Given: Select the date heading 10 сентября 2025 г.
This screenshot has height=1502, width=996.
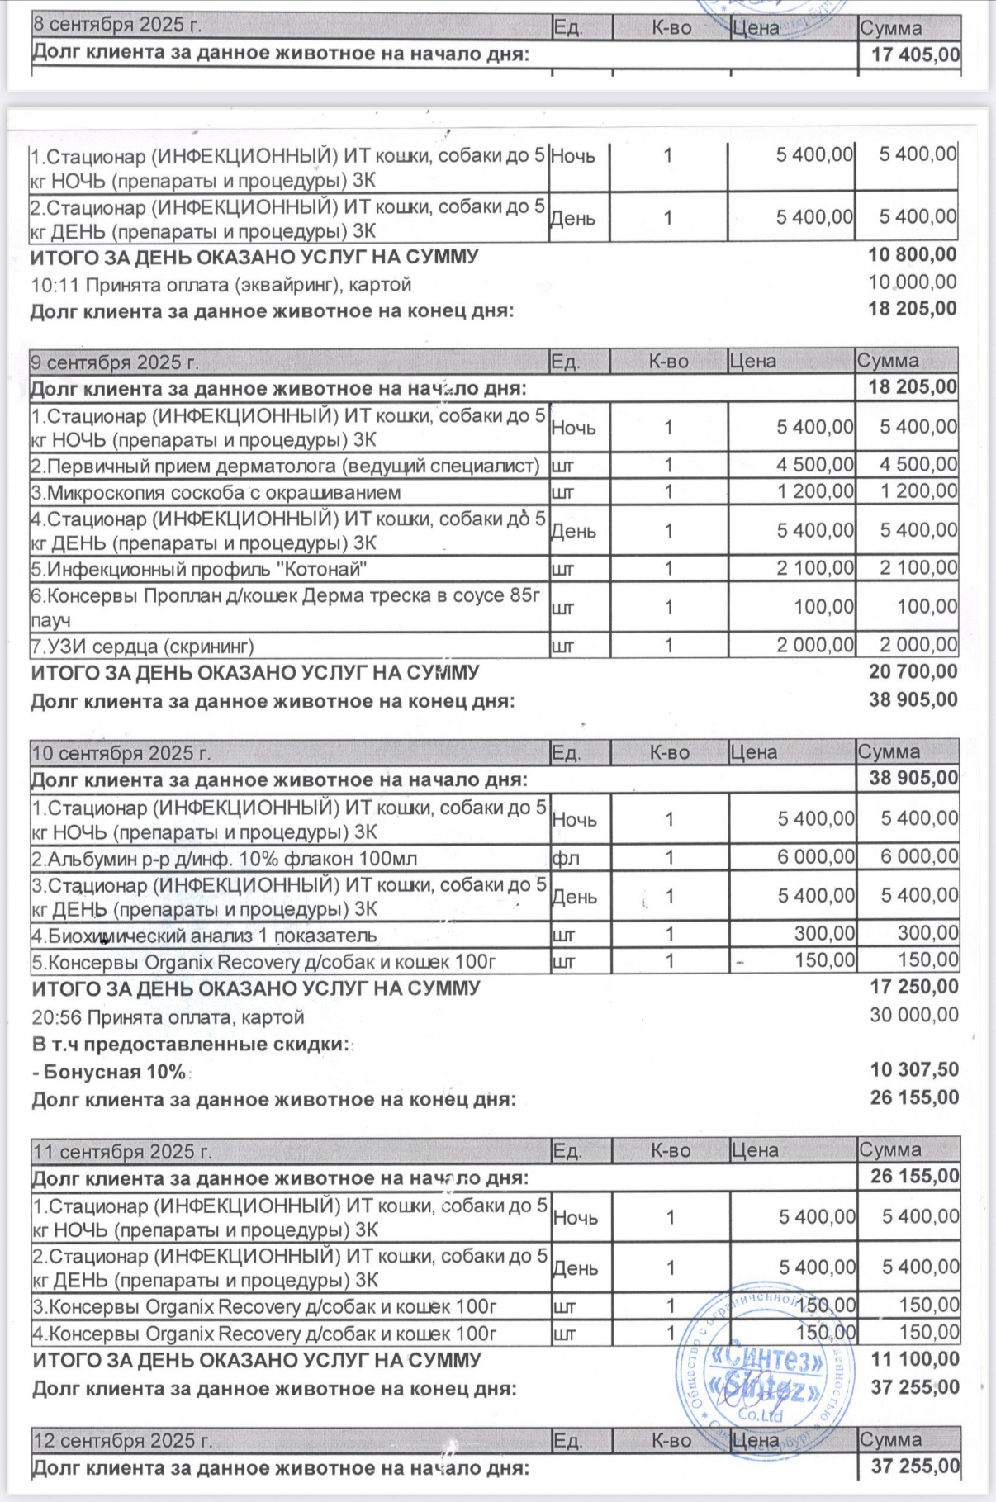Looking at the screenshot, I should [x=121, y=753].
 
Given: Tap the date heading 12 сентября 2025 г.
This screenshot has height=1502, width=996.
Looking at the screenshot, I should [x=122, y=1441].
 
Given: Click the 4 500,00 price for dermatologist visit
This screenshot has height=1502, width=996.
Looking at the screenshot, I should [x=814, y=465].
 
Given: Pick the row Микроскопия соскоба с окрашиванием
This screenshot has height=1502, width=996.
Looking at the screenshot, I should [x=216, y=493].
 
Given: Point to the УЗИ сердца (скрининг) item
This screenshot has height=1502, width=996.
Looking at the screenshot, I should [x=142, y=646].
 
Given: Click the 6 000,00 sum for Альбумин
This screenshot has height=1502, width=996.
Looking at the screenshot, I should [x=918, y=856].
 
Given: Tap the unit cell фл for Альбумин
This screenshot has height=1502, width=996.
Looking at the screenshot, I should [x=566, y=859].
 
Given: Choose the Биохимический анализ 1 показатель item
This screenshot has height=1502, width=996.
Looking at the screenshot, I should [x=204, y=936].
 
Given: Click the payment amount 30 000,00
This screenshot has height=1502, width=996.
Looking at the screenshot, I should [x=913, y=1015].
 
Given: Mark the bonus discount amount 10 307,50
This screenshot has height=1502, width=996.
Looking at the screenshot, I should [x=914, y=1070].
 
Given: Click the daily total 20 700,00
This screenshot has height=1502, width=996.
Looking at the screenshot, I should [x=913, y=672].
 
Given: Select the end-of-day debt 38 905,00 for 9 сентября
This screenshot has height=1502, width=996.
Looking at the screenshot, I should [x=913, y=700].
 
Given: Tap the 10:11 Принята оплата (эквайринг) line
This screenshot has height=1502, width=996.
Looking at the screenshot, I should [x=221, y=285].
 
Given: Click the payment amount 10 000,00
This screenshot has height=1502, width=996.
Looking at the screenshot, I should [x=912, y=282].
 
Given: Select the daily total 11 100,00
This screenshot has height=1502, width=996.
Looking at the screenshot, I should [x=914, y=1359].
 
